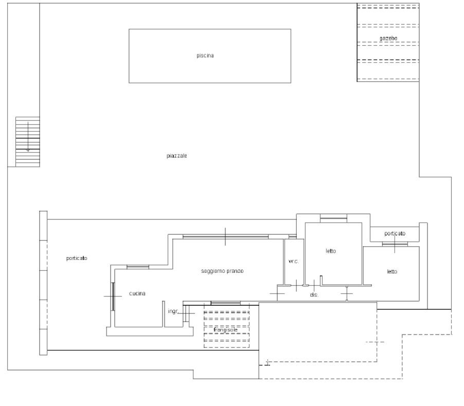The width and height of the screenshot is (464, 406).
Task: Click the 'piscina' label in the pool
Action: (x=205, y=56)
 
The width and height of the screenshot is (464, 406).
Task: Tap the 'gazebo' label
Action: (x=388, y=38)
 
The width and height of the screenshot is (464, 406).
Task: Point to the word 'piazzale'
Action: (x=176, y=156)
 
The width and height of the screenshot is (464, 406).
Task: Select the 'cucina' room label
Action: (x=137, y=293)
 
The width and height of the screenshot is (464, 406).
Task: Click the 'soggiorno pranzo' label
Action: (x=222, y=271)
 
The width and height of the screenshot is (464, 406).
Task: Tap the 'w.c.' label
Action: (x=294, y=262)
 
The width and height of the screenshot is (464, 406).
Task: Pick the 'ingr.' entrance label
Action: (x=173, y=311)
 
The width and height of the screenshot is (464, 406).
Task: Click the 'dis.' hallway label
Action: (x=314, y=295)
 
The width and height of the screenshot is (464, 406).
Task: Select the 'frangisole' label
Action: (x=225, y=330)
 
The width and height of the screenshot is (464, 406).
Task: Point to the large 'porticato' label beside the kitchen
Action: (x=77, y=258)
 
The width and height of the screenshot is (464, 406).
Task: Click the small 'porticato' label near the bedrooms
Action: (x=395, y=233)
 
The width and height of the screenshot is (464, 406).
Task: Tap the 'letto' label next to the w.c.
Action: (x=331, y=251)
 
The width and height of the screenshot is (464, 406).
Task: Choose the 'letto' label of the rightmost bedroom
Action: (x=392, y=271)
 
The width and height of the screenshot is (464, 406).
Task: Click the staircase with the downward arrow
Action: (x=27, y=142)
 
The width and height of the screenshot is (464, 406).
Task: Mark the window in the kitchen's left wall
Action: (x=113, y=297)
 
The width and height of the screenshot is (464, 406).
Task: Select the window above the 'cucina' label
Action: (x=137, y=267)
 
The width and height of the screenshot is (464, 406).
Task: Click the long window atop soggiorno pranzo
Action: (x=225, y=236)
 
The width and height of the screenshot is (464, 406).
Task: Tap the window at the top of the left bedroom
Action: (x=333, y=218)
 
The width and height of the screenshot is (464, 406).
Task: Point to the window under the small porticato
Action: (x=395, y=244)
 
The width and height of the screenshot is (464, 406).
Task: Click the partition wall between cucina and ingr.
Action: (x=164, y=314)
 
